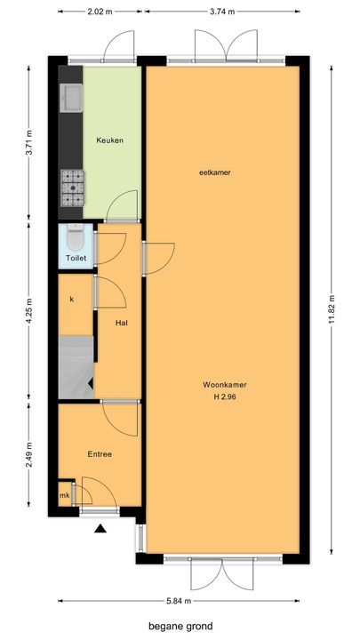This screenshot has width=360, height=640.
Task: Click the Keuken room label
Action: (x=110, y=140)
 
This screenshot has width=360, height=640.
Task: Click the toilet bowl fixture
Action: (x=75, y=240)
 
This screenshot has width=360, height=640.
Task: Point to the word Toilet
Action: (x=76, y=259)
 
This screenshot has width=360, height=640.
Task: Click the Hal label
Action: (x=123, y=323)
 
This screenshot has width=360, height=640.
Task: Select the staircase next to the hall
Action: (x=76, y=367)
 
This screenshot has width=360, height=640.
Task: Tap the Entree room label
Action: (x=100, y=454)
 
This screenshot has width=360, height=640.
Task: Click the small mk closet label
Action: (x=65, y=495)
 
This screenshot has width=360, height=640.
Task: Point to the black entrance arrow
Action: (x=100, y=529)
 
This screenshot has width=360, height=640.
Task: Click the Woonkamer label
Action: (x=224, y=385)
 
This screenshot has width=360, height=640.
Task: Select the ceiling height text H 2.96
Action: (x=224, y=396)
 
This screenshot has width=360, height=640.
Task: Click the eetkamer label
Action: (x=215, y=172)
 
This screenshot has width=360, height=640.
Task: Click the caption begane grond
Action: (x=181, y=626)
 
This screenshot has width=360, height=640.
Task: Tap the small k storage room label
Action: (x=71, y=299)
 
